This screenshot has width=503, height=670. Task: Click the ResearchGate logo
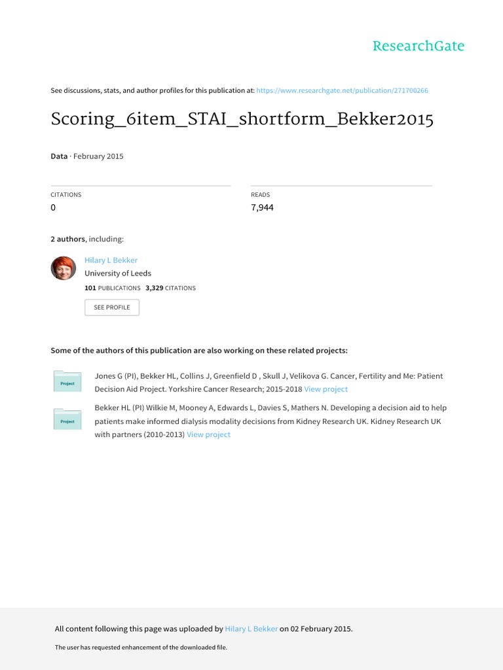(418, 46)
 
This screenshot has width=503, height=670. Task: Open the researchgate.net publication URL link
(342, 90)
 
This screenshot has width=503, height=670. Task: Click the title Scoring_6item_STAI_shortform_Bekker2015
(242, 120)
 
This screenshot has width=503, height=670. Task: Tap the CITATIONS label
(66, 195)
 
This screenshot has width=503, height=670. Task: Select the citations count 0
(54, 207)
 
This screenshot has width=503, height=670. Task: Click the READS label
(260, 195)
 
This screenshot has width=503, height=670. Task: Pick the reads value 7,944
(262, 207)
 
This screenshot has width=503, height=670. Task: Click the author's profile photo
(64, 268)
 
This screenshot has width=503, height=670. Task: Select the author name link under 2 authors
(111, 260)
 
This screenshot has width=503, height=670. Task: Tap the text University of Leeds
(118, 273)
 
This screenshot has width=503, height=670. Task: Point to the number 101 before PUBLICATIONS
(90, 288)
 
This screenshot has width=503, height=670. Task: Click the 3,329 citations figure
(155, 288)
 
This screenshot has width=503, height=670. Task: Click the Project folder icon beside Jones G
(67, 382)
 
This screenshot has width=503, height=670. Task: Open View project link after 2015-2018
(326, 389)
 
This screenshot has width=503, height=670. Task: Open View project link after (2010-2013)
(208, 434)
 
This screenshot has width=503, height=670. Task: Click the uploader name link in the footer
(251, 629)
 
